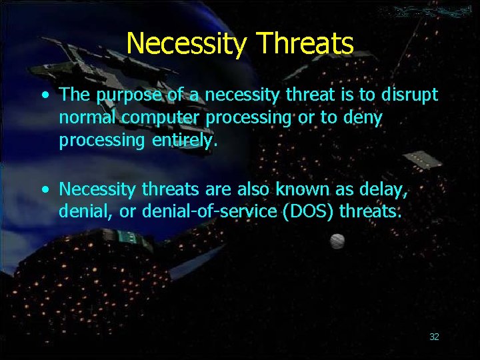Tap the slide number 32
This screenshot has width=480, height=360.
pyautogui.click(x=434, y=337)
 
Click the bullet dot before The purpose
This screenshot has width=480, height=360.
pyautogui.click(x=45, y=95)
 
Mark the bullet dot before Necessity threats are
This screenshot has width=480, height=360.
pyautogui.click(x=45, y=190)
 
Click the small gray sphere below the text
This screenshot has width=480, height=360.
pyautogui.click(x=338, y=241)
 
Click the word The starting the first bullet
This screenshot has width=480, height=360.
pyautogui.click(x=75, y=95)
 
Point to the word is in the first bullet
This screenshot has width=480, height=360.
pyautogui.click(x=349, y=95)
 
